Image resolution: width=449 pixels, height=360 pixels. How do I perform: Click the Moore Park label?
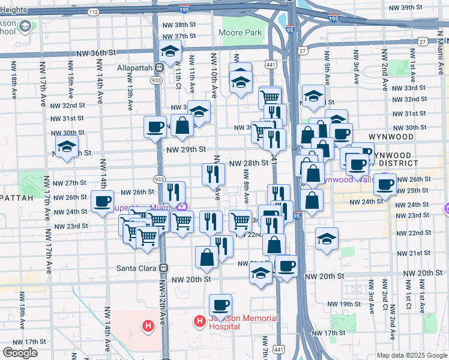[x=240, y=32]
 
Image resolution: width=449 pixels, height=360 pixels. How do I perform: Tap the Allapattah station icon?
[x=160, y=68]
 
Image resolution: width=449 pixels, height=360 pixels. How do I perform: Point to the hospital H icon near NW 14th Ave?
[x=148, y=326]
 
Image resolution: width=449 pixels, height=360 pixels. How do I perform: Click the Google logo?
[x=20, y=353]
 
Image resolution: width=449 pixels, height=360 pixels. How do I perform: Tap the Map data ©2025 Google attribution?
[x=411, y=355]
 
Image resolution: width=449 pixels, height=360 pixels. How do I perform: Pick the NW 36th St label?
[x=96, y=53]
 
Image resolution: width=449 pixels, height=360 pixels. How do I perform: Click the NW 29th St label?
[x=186, y=149]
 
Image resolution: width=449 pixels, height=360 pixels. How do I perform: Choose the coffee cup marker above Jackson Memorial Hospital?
[x=220, y=305]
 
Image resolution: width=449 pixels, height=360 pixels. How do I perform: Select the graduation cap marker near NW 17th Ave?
[x=67, y=146]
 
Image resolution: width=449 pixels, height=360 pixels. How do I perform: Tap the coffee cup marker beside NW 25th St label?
[x=385, y=184]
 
